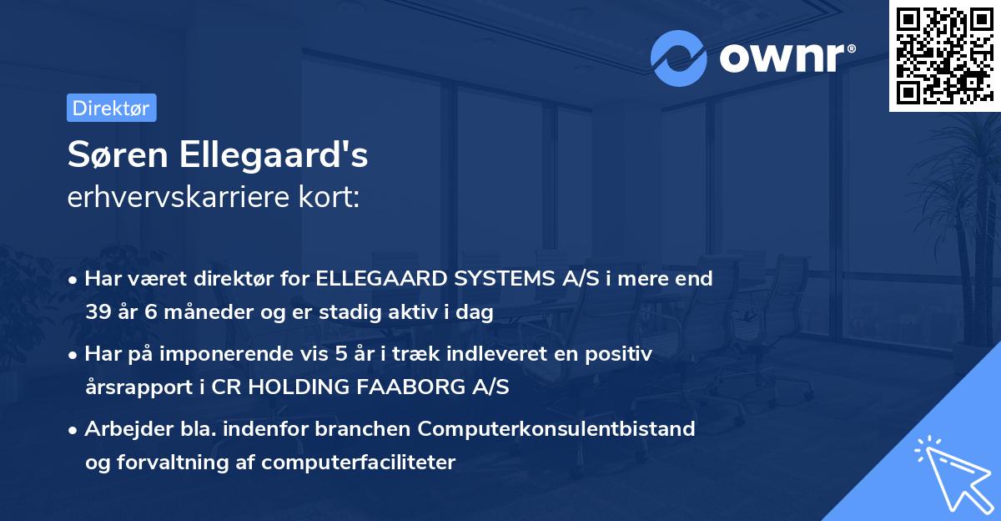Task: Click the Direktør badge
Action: [x=111, y=108]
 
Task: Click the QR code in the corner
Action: [x=944, y=56]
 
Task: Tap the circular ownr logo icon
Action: [x=679, y=58]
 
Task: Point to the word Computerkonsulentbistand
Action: [x=556, y=429]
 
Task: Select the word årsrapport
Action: [x=137, y=388]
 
